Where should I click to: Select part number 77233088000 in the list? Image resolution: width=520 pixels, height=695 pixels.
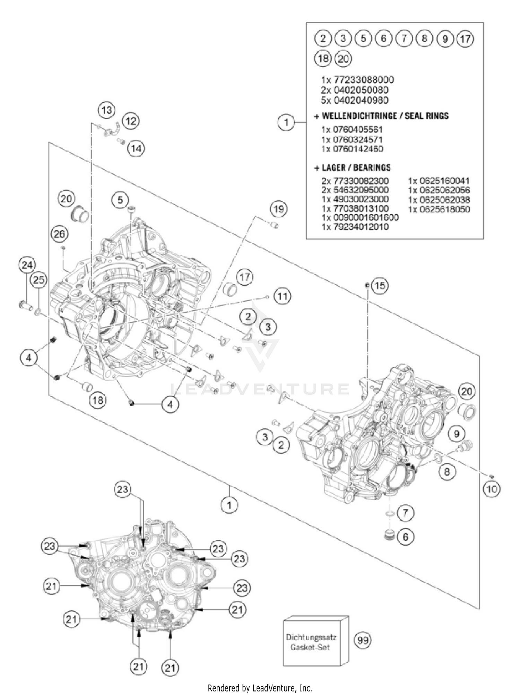point(363,80)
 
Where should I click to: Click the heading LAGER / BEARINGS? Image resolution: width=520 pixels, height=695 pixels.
point(356,168)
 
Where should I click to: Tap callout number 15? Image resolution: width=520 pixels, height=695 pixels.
point(380,286)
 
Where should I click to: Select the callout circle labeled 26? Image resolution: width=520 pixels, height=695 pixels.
point(59,234)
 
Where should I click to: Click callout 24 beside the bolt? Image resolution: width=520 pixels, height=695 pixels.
point(27,265)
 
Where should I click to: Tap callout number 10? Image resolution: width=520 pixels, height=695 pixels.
point(492,489)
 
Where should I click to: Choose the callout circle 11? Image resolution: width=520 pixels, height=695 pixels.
point(283,297)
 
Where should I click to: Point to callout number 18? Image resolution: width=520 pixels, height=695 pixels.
point(98,401)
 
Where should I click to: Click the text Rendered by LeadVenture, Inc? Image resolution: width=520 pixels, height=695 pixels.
point(260,688)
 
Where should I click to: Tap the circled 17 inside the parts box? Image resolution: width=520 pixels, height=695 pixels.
point(465,39)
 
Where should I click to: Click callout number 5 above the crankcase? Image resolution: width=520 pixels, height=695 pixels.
point(120,200)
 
